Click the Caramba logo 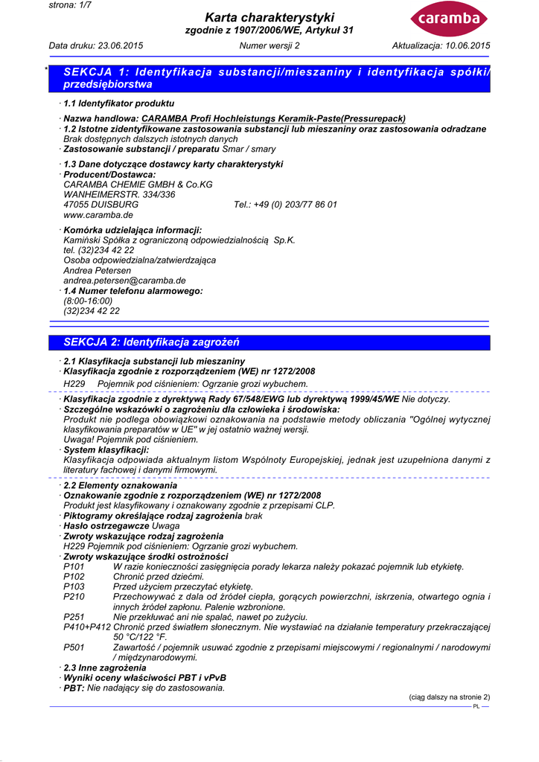coord(449,19)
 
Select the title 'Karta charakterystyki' coord(269,17)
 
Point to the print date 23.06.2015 coord(120,46)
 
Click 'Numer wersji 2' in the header coord(269,46)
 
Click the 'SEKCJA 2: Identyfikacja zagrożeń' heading coord(151,342)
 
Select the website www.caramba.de coord(98,214)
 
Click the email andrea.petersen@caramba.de coord(124,281)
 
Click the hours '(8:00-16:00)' coord(88,301)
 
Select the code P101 coord(74,567)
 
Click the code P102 coord(74,577)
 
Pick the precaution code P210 coord(74,597)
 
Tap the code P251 coord(74,617)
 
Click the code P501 coord(74,647)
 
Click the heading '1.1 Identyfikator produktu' coord(119,103)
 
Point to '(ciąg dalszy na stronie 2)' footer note coord(450,697)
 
